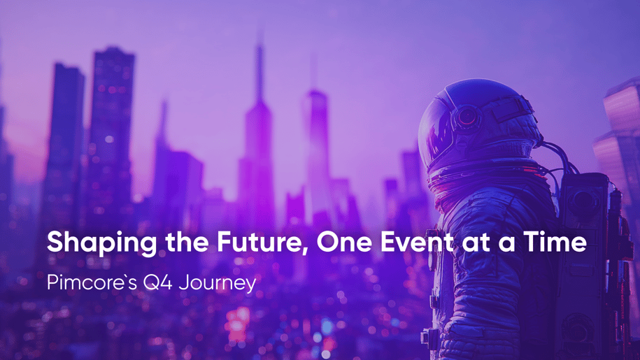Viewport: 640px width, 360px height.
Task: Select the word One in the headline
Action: tap(344, 242)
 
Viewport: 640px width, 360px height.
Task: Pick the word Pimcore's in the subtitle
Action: tap(92, 282)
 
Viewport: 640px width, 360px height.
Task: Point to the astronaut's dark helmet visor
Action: tap(436, 131)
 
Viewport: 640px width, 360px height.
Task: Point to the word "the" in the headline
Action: tap(187, 242)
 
